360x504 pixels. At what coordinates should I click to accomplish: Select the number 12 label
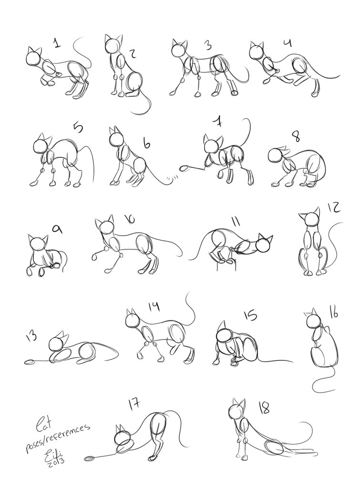pos(333,208)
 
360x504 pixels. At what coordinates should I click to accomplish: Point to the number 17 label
pos(134,405)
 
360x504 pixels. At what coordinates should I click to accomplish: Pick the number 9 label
pos(57,230)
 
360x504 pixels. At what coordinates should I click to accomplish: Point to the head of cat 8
pos(276,156)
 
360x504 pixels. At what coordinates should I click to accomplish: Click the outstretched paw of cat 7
pos(185,168)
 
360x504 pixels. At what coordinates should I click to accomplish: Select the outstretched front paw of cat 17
pos(89,459)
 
